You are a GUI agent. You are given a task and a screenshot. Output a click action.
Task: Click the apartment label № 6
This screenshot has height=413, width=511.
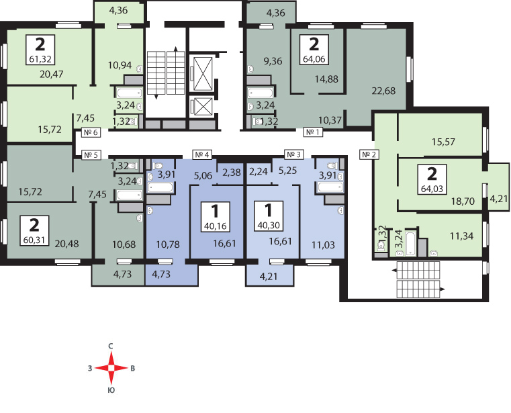pyautogui.click(x=91, y=132)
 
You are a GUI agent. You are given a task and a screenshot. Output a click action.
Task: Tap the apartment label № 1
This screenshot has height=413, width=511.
pyautogui.click(x=313, y=132)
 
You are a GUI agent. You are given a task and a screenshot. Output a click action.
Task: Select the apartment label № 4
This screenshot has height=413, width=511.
pyautogui.click(x=202, y=154)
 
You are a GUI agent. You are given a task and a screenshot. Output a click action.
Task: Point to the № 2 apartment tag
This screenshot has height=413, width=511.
pyautogui.click(x=369, y=154)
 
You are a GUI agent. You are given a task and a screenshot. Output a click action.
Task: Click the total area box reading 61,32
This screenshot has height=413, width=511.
pyautogui.click(x=40, y=50)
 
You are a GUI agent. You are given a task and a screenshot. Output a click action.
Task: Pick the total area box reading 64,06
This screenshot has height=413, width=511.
pyautogui.click(x=314, y=49)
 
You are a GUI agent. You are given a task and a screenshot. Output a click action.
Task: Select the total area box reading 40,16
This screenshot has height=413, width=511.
pyautogui.click(x=216, y=217)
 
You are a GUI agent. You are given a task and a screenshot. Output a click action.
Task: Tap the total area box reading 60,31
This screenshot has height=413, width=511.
pyautogui.click(x=34, y=230)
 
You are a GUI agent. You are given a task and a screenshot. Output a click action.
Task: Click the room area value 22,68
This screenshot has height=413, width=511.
pyautogui.click(x=383, y=91)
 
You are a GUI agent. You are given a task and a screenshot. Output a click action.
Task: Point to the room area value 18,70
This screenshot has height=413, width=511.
pyautogui.click(x=463, y=201)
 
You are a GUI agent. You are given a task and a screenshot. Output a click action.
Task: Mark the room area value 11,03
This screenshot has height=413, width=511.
pyautogui.click(x=323, y=245)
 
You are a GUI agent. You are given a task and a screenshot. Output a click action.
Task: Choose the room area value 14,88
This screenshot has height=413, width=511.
pyautogui.click(x=326, y=79)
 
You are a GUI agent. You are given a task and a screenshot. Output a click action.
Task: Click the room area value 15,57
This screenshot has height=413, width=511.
pyautogui.click(x=443, y=142)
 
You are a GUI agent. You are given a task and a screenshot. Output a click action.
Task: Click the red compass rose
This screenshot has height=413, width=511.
pyautogui.click(x=111, y=368)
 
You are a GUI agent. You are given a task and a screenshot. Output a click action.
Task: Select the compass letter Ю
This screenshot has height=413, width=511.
pyautogui.click(x=111, y=390)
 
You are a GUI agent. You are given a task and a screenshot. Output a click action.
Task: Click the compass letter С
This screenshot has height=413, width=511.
pyautogui.click(x=111, y=346)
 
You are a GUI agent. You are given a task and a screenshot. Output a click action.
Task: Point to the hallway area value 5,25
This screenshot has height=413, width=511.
pyautogui.click(x=288, y=171)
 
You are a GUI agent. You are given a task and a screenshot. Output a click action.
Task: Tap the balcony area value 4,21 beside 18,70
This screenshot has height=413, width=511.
pyautogui.click(x=499, y=198)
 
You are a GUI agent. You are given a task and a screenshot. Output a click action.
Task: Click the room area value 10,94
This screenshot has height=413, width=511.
pyautogui.click(x=120, y=65)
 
